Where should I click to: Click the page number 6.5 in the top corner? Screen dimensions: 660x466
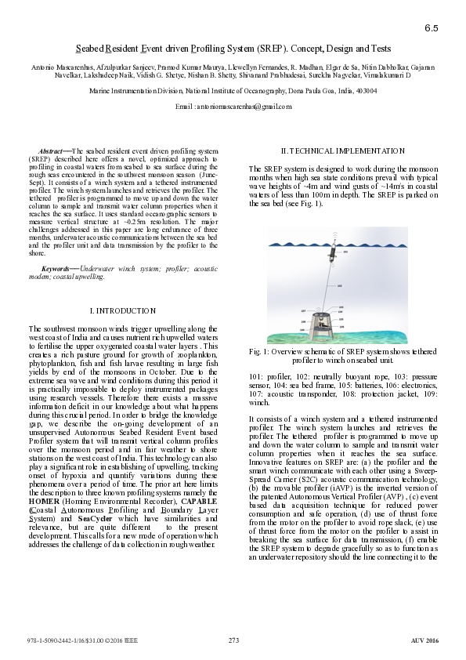coord(432,28)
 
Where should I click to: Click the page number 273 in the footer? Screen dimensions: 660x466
coord(233,640)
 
